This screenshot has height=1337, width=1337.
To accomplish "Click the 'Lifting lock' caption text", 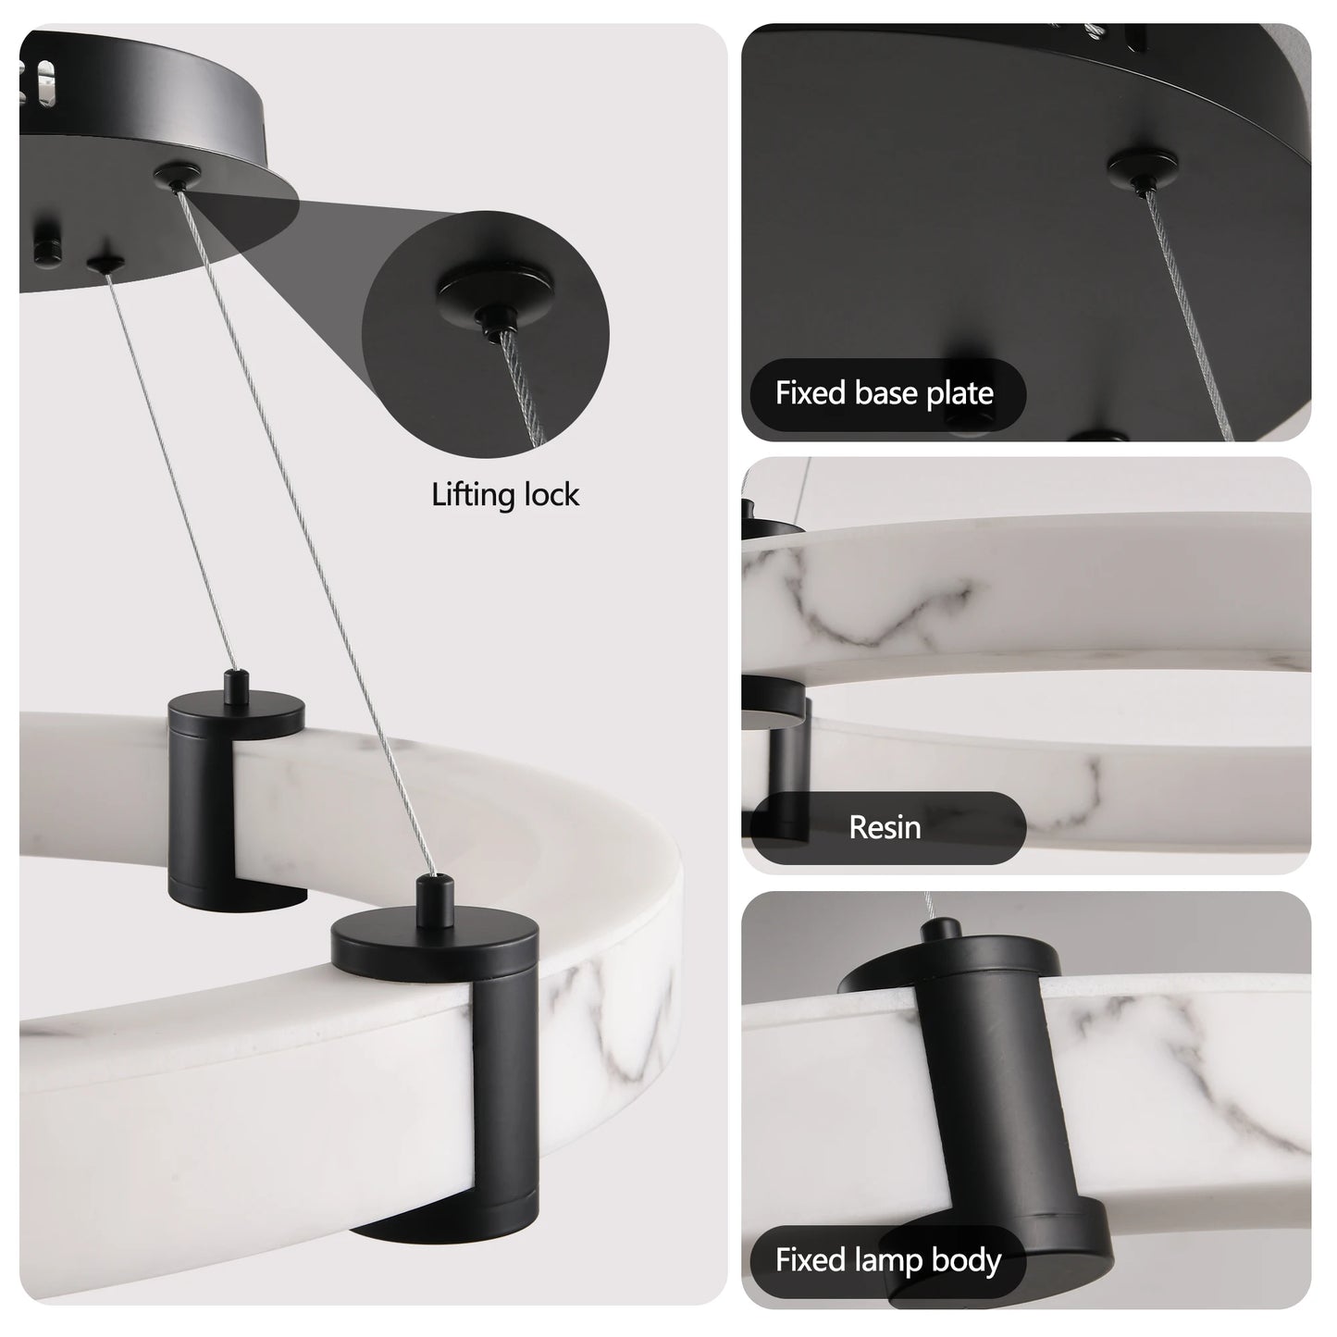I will pyautogui.click(x=505, y=495).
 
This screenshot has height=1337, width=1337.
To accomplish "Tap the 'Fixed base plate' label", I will pyautogui.click(x=884, y=393).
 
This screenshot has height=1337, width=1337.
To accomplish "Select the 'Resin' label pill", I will pyautogui.click(x=885, y=827).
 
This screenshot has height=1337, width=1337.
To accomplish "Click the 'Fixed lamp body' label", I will pyautogui.click(x=887, y=1260).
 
